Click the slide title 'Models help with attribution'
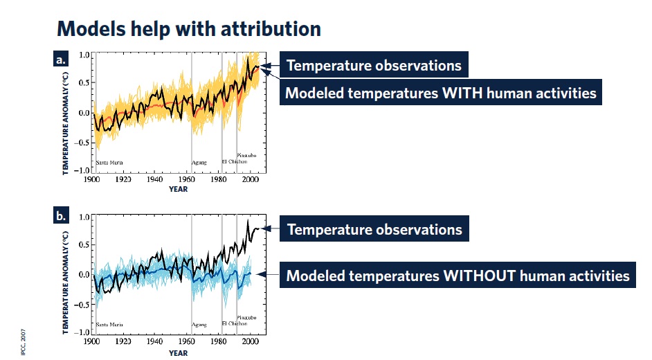189,29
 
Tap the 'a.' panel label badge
60,59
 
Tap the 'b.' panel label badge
60,216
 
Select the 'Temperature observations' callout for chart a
374,65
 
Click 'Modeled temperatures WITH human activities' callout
441,92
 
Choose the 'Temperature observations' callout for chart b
374,228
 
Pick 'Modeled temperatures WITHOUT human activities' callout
458,276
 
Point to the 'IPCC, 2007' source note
24,342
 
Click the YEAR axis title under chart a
178,189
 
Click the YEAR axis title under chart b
178,353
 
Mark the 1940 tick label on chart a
154,179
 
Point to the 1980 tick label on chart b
218,341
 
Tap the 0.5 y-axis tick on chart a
84,82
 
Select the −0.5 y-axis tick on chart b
82,305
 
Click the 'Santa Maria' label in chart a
109,163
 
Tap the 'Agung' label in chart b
199,325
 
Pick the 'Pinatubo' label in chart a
246,155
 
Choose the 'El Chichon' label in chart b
235,323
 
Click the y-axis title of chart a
65,123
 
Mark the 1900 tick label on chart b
91,341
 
